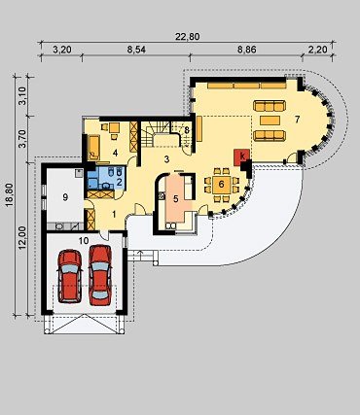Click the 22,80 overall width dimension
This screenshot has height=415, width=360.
coord(187,37)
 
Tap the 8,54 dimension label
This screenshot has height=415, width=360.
coord(136,50)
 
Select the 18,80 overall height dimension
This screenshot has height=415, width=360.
coord(10,195)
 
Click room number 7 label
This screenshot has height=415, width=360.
coord(297,120)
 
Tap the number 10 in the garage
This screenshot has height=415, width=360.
coord(84,240)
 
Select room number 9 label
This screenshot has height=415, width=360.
coord(65,196)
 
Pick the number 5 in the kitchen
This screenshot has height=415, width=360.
coord(176,198)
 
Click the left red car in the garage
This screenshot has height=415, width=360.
coord(70,276)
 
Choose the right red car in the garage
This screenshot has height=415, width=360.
coord(100,275)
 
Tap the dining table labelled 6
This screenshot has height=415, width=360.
coord(222,185)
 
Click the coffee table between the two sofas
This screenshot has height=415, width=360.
coord(270,121)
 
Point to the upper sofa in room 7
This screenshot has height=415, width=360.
coord(270,106)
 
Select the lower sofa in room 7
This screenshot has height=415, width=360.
coord(270,135)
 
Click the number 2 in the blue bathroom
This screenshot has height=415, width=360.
coord(119,182)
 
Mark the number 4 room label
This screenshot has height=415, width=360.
coord(115,153)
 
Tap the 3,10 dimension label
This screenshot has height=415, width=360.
coord(22,96)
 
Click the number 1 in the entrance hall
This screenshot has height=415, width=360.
coord(114,214)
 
